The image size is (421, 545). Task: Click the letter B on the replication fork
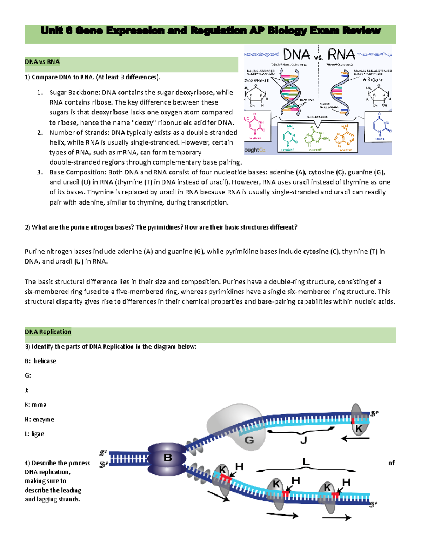point(168,458)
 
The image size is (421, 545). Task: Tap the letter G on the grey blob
point(249,440)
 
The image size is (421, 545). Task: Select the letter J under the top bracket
point(303,440)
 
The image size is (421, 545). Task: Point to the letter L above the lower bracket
point(306,462)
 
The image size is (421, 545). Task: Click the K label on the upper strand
point(359,428)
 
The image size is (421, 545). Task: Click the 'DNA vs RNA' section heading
point(42,62)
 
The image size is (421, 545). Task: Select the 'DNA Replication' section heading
point(48,332)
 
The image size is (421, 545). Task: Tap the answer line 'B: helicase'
point(40,361)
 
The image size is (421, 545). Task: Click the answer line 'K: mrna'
point(35,405)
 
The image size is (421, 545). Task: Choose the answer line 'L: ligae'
point(34,434)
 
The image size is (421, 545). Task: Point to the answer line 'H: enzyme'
point(39,419)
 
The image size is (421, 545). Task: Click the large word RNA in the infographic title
point(341,55)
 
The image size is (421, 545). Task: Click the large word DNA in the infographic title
point(296,55)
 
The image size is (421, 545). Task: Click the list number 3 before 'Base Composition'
point(40,172)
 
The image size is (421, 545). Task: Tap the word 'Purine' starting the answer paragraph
point(35,251)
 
